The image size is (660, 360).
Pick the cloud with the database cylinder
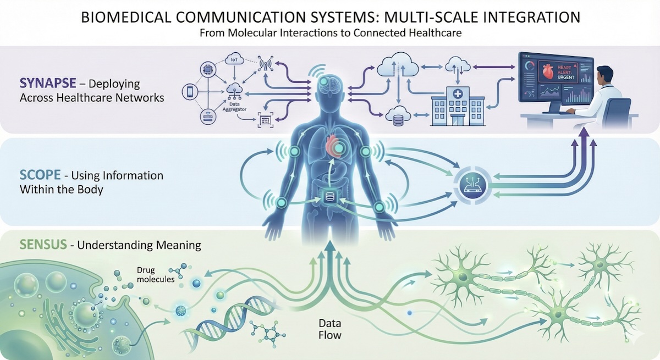point(397,115)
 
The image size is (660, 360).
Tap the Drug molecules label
point(157,275)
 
